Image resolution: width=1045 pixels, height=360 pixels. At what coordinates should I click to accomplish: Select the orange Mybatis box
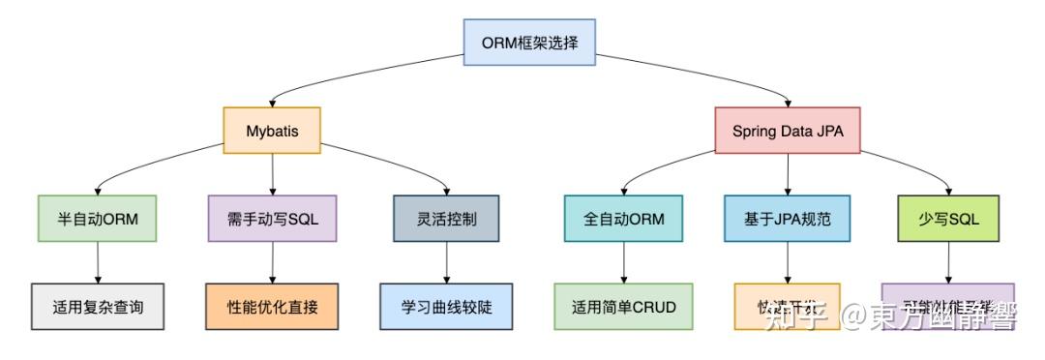tap(271, 130)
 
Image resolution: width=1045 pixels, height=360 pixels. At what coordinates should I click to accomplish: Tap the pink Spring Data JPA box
tap(788, 130)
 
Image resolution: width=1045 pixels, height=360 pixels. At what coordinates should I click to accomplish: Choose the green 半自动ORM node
tap(98, 219)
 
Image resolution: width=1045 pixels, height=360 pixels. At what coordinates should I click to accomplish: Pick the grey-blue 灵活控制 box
tap(446, 219)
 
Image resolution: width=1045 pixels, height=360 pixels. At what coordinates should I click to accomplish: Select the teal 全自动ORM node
tap(623, 219)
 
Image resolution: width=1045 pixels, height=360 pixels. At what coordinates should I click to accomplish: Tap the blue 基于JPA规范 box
tap(788, 219)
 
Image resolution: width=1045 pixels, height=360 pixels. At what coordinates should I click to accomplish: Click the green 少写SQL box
tap(948, 219)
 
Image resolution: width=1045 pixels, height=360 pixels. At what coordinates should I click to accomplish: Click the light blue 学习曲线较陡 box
tap(446, 307)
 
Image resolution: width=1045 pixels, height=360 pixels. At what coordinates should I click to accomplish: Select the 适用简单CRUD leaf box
tap(623, 307)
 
